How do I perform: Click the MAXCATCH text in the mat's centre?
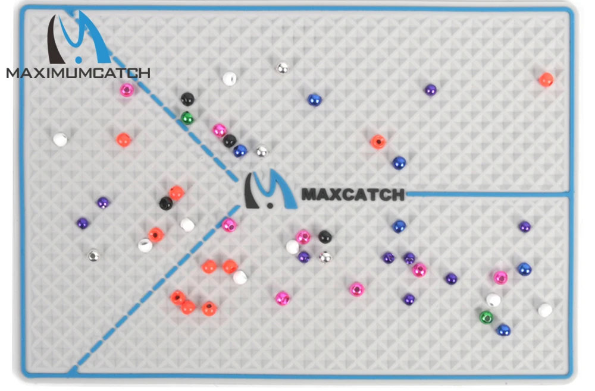[353, 194]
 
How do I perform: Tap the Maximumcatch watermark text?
[78, 73]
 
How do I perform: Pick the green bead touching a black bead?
[187, 118]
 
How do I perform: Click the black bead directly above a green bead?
[187, 99]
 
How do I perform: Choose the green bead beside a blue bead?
[486, 317]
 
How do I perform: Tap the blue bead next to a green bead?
[503, 329]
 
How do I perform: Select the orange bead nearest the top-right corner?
[546, 80]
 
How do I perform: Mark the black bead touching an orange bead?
[166, 203]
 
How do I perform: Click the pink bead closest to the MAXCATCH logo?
[229, 225]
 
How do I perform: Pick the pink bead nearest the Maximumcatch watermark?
[127, 90]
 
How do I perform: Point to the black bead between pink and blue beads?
[230, 141]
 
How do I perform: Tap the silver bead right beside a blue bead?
[262, 152]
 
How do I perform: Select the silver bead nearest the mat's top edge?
[283, 68]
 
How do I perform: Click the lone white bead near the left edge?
[59, 140]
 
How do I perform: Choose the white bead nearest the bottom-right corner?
[545, 310]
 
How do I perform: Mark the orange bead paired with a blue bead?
[378, 141]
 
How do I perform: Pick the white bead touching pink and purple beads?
[293, 247]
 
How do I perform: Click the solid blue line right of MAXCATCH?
[488, 194]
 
